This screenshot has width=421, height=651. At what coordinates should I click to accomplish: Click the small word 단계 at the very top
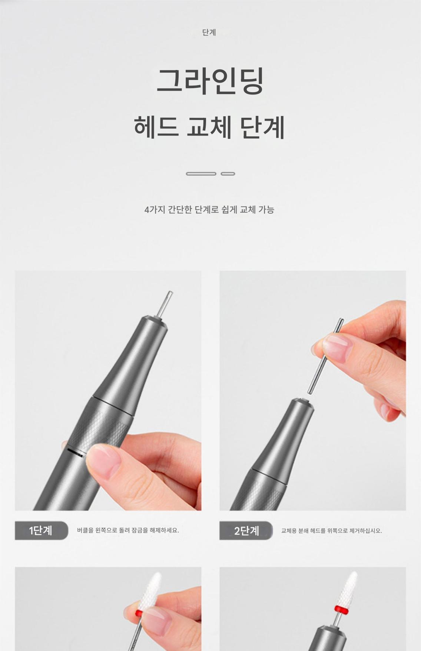pyautogui.click(x=209, y=33)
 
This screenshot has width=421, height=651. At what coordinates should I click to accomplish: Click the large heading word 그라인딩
pyautogui.click(x=210, y=80)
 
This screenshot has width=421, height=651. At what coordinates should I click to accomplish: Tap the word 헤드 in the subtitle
pyautogui.click(x=156, y=127)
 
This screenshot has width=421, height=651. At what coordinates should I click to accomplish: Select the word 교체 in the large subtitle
pyautogui.click(x=209, y=127)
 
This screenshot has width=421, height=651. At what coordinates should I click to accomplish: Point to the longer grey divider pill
pyautogui.click(x=201, y=174)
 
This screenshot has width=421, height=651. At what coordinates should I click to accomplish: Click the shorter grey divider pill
pyautogui.click(x=228, y=174)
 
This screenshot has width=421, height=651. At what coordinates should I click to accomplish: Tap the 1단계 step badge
pyautogui.click(x=42, y=530)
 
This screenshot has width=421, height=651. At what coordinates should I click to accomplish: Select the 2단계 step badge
pyautogui.click(x=246, y=531)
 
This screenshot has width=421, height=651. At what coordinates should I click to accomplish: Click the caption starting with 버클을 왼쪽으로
pyautogui.click(x=128, y=530)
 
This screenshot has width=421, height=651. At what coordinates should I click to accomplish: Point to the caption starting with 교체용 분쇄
pyautogui.click(x=331, y=531)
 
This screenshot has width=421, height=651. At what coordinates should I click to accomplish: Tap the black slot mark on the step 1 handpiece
pyautogui.click(x=75, y=453)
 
